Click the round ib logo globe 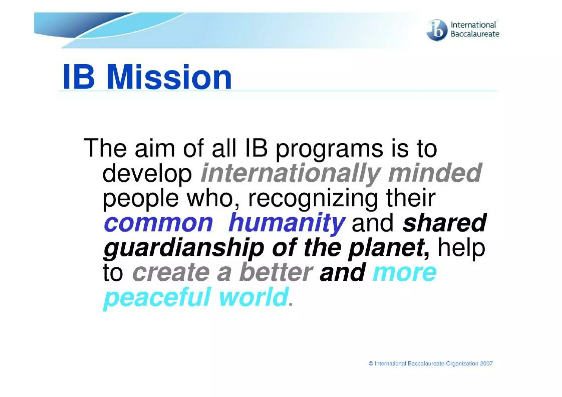click(437, 30)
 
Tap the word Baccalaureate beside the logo click(475, 34)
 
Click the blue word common click(158, 223)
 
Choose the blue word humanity click(287, 223)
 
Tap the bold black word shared click(444, 223)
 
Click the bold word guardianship click(184, 248)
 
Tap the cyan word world click(253, 297)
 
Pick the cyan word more click(404, 272)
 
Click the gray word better click(276, 272)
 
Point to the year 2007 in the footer click(486, 364)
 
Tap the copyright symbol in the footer click(371, 364)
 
